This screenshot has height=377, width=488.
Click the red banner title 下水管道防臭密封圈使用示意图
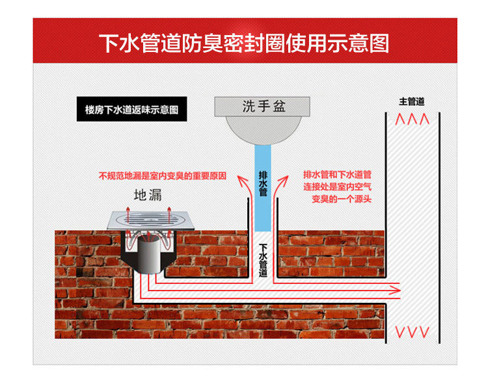click(244, 43)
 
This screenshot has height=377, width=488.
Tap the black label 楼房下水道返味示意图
click(131, 109)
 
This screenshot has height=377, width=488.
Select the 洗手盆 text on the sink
click(264, 105)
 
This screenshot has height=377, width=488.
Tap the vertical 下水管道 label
click(262, 260)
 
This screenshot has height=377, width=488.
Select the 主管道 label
click(412, 102)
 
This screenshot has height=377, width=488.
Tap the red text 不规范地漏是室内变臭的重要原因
click(162, 175)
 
